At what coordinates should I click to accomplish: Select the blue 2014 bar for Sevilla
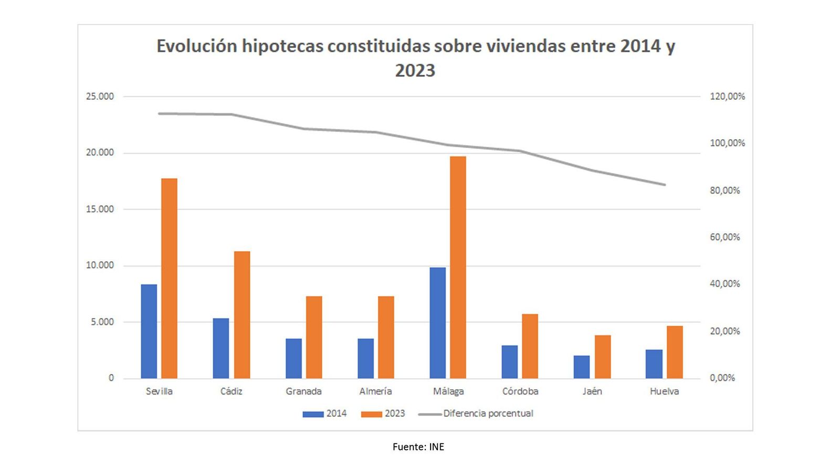[x=149, y=331]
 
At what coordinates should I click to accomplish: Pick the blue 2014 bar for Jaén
[x=582, y=367]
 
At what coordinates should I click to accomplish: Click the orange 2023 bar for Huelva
[x=675, y=352]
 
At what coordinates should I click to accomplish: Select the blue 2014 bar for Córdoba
[x=509, y=362]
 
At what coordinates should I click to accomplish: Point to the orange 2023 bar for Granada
[x=314, y=337]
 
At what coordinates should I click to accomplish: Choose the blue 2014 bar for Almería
[x=365, y=358]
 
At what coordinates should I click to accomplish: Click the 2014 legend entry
[x=324, y=414]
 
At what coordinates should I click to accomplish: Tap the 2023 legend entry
[x=383, y=414]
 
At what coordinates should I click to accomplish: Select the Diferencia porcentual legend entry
[x=476, y=414]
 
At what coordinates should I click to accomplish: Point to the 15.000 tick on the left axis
[x=100, y=209]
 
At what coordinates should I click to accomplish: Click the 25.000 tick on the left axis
[x=100, y=96]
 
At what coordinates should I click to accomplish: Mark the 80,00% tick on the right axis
[x=724, y=190]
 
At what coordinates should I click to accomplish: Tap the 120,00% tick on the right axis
[x=727, y=96]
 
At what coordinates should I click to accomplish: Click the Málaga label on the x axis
[x=448, y=392]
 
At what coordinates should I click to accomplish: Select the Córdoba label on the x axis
[x=520, y=392]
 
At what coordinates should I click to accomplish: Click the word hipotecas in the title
[x=282, y=46]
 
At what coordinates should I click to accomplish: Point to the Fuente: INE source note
[x=418, y=447]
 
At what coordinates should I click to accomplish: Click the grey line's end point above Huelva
[x=665, y=184]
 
